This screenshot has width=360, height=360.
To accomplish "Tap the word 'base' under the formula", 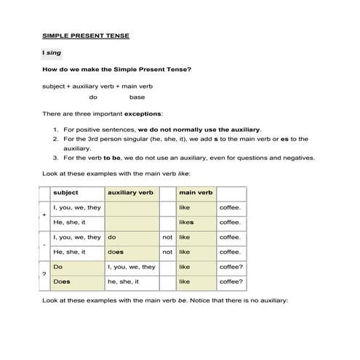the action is click(x=137, y=97).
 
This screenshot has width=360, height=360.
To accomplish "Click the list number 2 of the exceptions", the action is click(x=55, y=138).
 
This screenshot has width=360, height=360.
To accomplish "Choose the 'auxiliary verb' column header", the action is click(x=130, y=193).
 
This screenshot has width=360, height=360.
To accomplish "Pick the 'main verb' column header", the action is click(x=196, y=193).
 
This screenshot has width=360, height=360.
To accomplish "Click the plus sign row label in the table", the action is click(x=44, y=215).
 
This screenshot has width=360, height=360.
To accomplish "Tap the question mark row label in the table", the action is click(x=44, y=274).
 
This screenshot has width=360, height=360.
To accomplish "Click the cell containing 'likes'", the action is click(x=186, y=222).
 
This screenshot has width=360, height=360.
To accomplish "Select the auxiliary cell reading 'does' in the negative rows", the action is click(x=116, y=252).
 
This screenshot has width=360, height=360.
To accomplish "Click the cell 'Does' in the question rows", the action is click(x=62, y=281).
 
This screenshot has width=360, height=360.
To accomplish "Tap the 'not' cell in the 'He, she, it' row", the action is click(x=167, y=252).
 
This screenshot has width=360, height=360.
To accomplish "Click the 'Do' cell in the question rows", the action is click(x=58, y=267).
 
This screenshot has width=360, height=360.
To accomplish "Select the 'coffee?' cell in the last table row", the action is click(x=231, y=281).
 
